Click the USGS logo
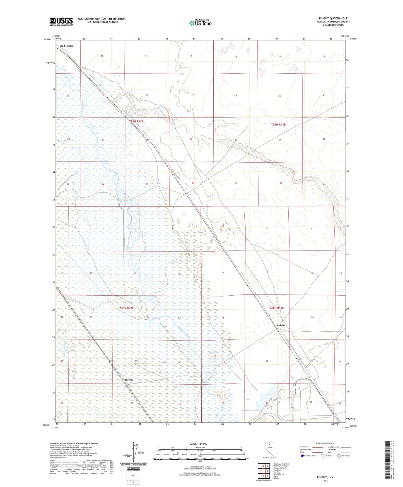coord(61,21)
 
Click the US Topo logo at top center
coord(200,23)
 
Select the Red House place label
coord(67,46)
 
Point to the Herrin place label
coord(129,380)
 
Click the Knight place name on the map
coord(281,326)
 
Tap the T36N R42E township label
coord(136,121)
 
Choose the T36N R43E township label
coord(278,124)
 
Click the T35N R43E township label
coord(276,308)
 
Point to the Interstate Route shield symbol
coord(302,456)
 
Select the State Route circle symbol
coord(339,456)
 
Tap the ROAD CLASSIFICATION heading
coord(325,443)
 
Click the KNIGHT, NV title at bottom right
coord(325,477)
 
